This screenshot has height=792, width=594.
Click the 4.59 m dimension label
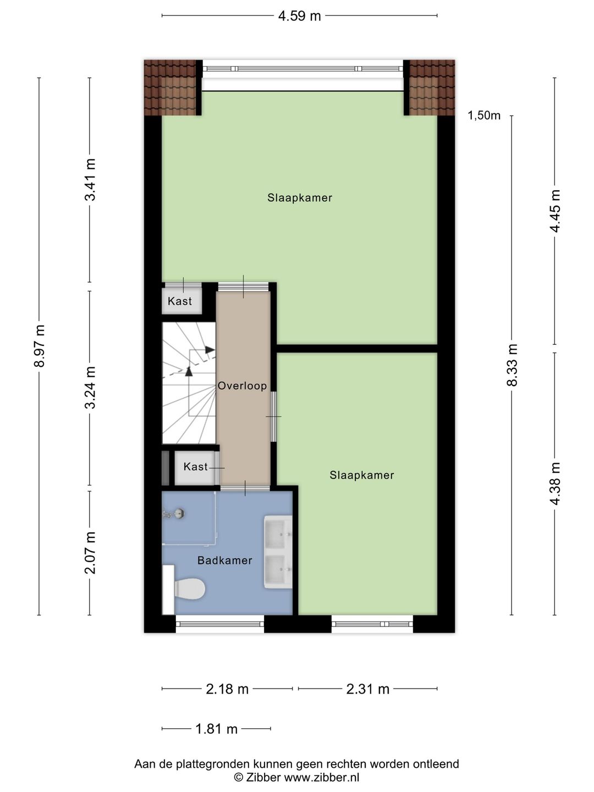(299, 16)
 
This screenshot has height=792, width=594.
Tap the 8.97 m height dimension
(39, 345)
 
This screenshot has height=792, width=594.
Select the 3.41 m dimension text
(90, 179)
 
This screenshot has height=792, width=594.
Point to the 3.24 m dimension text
(90, 388)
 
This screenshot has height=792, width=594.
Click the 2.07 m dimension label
(90, 552)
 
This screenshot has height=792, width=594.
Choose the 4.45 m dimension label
(555, 211)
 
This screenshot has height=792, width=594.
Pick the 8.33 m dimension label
(512, 365)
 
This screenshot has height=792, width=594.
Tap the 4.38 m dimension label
(555, 484)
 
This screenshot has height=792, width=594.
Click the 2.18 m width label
(227, 689)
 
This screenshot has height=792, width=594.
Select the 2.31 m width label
(368, 689)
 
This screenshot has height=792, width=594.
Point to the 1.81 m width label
(216, 729)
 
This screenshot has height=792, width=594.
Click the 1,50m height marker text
(484, 116)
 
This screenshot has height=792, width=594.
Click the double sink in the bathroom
(278, 552)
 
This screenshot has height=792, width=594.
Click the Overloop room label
(242, 386)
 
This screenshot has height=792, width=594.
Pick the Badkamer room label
(225, 560)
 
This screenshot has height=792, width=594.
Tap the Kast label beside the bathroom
(195, 466)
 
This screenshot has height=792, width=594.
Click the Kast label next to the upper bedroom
(180, 301)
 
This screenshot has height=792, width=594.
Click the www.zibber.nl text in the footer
(322, 777)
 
